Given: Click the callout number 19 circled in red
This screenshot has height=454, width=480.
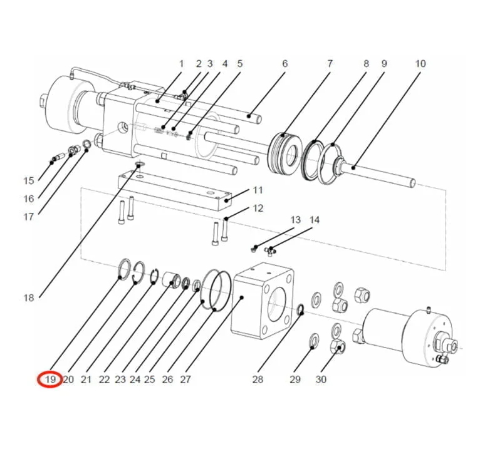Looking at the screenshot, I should pos(50,379).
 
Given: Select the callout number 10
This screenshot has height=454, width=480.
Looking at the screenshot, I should pos(420,63).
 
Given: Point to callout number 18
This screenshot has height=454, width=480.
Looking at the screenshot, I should pos(29,298).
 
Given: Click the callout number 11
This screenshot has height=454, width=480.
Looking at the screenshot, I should pos(258,190).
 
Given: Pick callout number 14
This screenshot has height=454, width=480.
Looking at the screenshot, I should pos(315,220).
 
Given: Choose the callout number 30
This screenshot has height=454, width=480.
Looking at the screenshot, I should pos(321,379).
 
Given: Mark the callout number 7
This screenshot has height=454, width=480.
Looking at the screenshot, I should pos(330,63).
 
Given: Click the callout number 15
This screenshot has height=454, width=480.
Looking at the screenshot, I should pos(29,181).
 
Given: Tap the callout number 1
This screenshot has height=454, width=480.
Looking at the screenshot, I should pos(182,63).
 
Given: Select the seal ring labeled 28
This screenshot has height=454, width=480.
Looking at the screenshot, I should pos(300,310).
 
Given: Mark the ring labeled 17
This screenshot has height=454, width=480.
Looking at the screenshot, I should pos(86,147).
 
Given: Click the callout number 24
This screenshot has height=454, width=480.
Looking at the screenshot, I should pos(135,379).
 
